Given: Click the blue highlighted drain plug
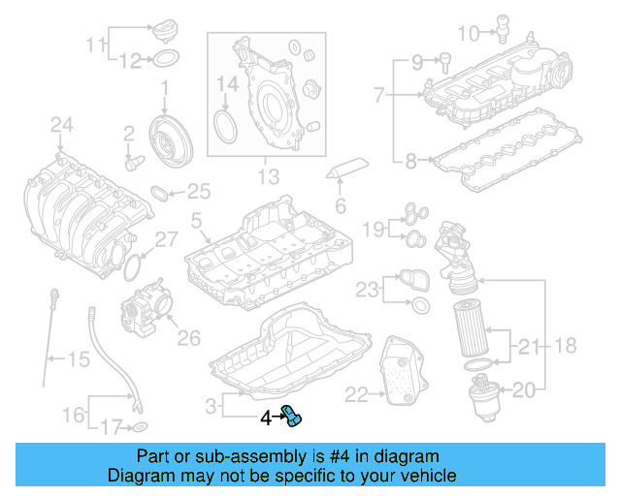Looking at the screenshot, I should (x=292, y=417).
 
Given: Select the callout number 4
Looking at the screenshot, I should (x=265, y=418).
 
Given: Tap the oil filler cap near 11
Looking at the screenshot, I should (x=166, y=32).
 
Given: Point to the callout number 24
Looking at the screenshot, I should (x=62, y=124).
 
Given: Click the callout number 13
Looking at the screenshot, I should (x=268, y=177).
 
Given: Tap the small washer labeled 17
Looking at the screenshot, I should (x=140, y=426).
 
